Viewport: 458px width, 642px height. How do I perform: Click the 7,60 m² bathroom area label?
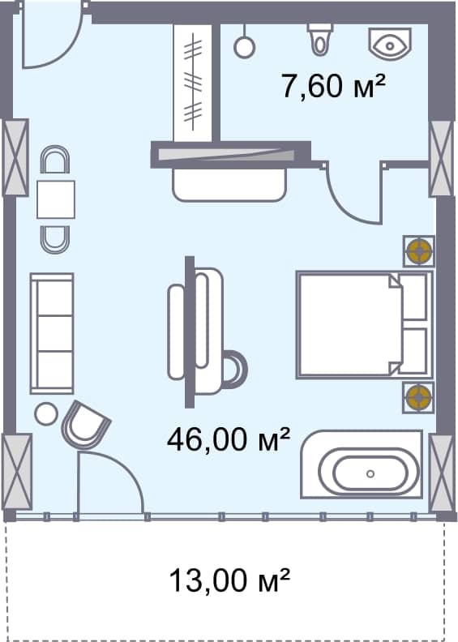(x=332, y=84)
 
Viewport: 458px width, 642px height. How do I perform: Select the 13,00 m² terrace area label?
(x=229, y=580)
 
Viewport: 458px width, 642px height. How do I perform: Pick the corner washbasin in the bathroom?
(x=392, y=42)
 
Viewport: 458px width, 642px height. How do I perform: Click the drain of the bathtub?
(x=370, y=473)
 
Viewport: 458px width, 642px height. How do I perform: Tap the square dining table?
(x=55, y=199)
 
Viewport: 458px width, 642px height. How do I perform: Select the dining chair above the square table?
(x=55, y=161)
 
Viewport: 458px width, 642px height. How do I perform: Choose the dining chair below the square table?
(x=55, y=237)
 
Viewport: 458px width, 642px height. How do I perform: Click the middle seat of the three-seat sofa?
(x=52, y=332)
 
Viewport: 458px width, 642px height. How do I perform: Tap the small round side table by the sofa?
(x=46, y=414)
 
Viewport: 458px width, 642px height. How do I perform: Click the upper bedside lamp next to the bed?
(x=419, y=251)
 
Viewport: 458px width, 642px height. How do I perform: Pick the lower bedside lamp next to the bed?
(x=419, y=396)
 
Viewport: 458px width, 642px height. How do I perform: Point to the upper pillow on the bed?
(x=414, y=297)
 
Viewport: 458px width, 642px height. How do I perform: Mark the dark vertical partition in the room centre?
(x=190, y=332)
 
